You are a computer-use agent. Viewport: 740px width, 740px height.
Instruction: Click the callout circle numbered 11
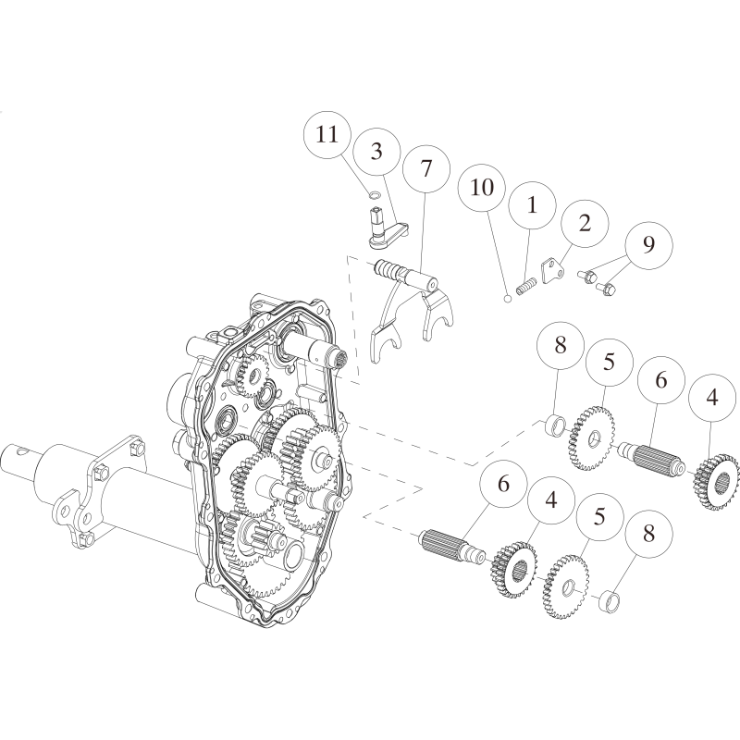point(327,134)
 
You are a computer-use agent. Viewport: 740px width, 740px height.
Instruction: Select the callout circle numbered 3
point(376,151)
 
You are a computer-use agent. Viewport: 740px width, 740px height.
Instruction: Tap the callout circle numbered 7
point(425,168)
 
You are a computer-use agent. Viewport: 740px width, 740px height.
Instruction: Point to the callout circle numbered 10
point(482,188)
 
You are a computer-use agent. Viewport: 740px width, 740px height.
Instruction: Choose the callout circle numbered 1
point(533,205)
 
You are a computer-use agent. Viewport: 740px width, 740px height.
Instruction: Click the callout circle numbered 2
point(585,223)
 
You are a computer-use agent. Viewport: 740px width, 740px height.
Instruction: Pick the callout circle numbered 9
point(649,244)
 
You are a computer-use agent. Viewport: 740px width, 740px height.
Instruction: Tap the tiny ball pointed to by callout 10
point(507,298)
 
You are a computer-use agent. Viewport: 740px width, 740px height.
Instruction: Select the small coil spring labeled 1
point(526,287)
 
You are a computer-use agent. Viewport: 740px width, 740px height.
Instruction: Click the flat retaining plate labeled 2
point(552,270)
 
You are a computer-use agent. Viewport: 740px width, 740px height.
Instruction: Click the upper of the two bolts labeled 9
point(586,276)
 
